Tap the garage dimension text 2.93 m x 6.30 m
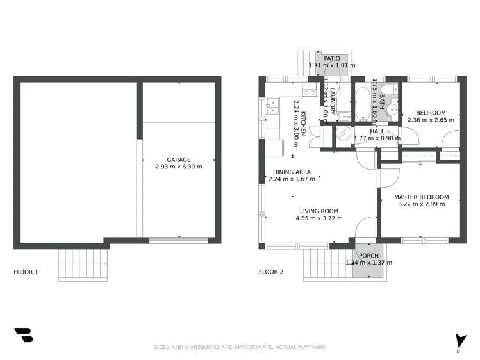(178, 167)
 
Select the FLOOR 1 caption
(26, 272)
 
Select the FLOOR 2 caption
(271, 272)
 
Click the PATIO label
(331, 58)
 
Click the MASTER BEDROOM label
(421, 197)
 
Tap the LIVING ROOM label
(319, 211)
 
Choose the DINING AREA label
(292, 172)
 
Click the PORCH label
(368, 256)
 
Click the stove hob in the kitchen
(310, 93)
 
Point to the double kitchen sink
(271, 106)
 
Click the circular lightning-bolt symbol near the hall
(344, 135)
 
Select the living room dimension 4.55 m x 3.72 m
(319, 218)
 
